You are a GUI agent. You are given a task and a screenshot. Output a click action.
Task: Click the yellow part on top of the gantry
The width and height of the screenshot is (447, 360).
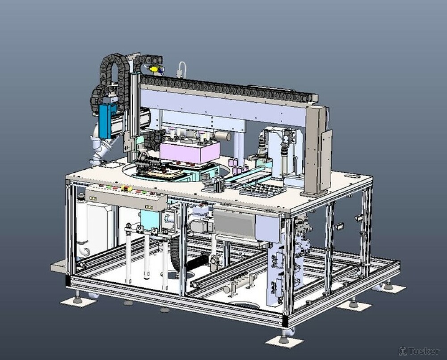point(154,69)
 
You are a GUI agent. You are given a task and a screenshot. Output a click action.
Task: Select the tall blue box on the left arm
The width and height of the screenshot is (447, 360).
point(105,121)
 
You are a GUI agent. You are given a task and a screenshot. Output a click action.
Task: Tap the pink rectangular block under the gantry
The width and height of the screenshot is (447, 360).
point(189,152)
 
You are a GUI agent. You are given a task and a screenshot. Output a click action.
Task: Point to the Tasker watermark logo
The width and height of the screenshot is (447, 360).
point(419,351)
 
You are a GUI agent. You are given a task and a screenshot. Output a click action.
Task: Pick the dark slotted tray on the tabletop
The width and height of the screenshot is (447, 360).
point(262,190)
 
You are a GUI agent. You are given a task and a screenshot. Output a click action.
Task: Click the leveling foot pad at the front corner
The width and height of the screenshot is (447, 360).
point(284,341)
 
